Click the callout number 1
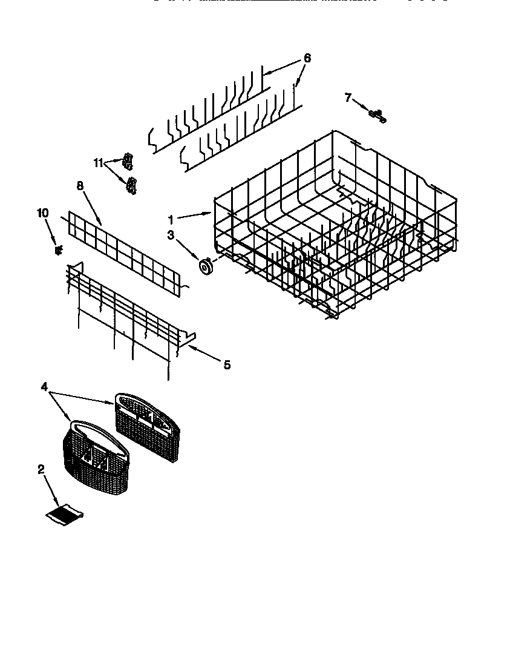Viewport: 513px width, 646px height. coord(171,219)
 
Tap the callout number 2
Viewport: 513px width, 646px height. coord(41,469)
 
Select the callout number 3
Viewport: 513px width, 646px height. coord(171,235)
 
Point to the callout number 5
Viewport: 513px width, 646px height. coord(226,364)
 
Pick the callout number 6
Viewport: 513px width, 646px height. coord(307,58)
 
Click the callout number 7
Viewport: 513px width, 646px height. coord(348,97)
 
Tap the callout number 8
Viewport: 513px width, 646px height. coord(80,186)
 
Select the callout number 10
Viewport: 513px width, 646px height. coord(42,213)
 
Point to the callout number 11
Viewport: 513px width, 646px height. coord(99,162)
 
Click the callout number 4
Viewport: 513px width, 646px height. coord(44,386)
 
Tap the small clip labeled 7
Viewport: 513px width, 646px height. coord(377,114)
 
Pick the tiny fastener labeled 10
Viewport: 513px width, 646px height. coord(59,249)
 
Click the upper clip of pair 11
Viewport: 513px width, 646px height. coord(128,160)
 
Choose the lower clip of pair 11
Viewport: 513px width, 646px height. coord(130,185)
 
